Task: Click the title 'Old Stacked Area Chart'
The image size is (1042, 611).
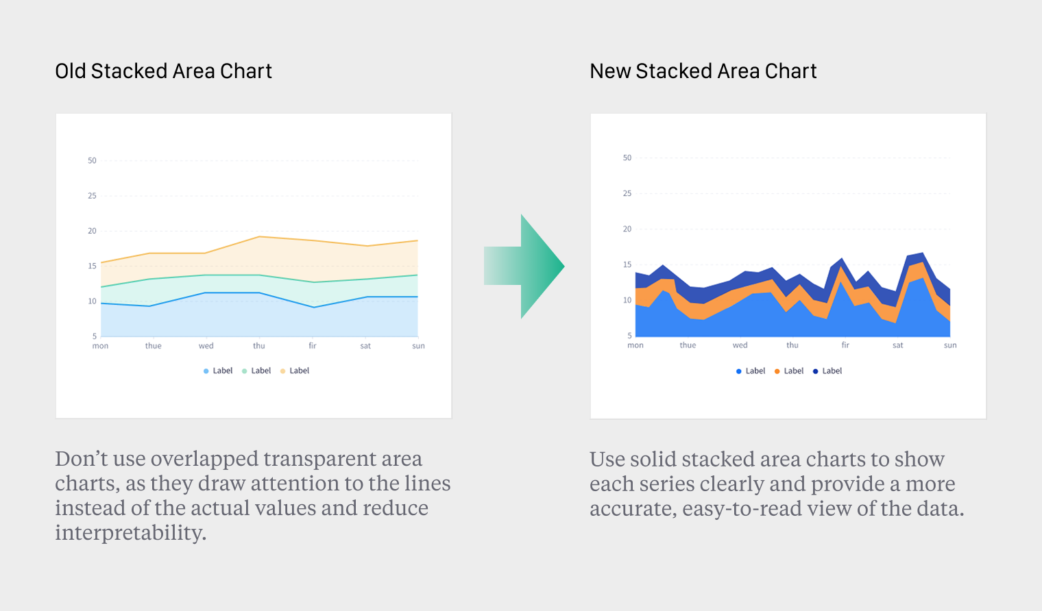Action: [x=163, y=71]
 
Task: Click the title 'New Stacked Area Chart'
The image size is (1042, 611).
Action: [x=703, y=71]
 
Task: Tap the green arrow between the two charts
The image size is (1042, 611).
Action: [x=525, y=266]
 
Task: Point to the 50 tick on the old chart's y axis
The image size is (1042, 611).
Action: [x=92, y=161]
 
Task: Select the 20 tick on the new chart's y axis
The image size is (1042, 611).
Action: [x=627, y=229]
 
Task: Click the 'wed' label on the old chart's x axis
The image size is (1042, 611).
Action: [x=206, y=346]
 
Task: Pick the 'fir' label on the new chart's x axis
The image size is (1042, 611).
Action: [x=845, y=345]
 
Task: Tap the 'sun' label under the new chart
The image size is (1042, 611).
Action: [x=949, y=345]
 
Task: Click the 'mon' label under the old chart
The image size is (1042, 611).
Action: [x=100, y=346]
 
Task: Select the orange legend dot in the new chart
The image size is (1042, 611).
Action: [x=777, y=371]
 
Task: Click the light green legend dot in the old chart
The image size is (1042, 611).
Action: [x=244, y=371]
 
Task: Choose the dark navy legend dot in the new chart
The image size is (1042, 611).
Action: [x=815, y=371]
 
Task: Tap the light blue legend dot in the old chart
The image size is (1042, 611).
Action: [x=206, y=371]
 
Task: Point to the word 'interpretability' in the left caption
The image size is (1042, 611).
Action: [x=130, y=533]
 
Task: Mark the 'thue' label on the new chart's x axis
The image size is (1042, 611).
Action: [x=688, y=345]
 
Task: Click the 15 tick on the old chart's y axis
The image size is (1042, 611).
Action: [x=92, y=266]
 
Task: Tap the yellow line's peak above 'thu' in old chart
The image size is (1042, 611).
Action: [x=259, y=236]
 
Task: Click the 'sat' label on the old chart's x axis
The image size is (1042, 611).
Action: [x=365, y=346]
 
